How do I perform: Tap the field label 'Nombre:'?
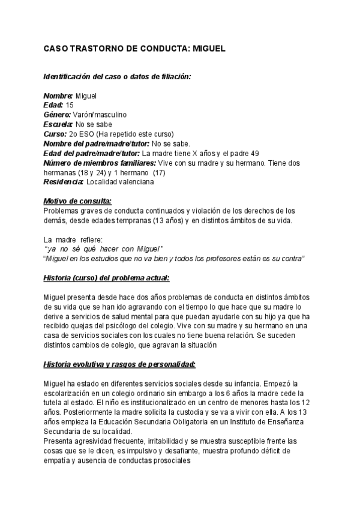pyautogui.click(x=58, y=96)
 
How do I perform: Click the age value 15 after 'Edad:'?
pyautogui.click(x=70, y=105)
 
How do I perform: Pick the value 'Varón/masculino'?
pyautogui.click(x=100, y=114)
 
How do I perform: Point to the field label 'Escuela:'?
pyautogui.click(x=59, y=124)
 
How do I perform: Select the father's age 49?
pyautogui.click(x=255, y=152)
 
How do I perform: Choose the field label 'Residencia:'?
pyautogui.click(x=64, y=182)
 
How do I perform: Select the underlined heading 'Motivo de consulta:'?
pyautogui.click(x=78, y=201)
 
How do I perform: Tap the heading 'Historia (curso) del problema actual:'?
pyautogui.click(x=107, y=277)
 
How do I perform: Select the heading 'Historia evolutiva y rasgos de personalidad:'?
pyautogui.click(x=120, y=364)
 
